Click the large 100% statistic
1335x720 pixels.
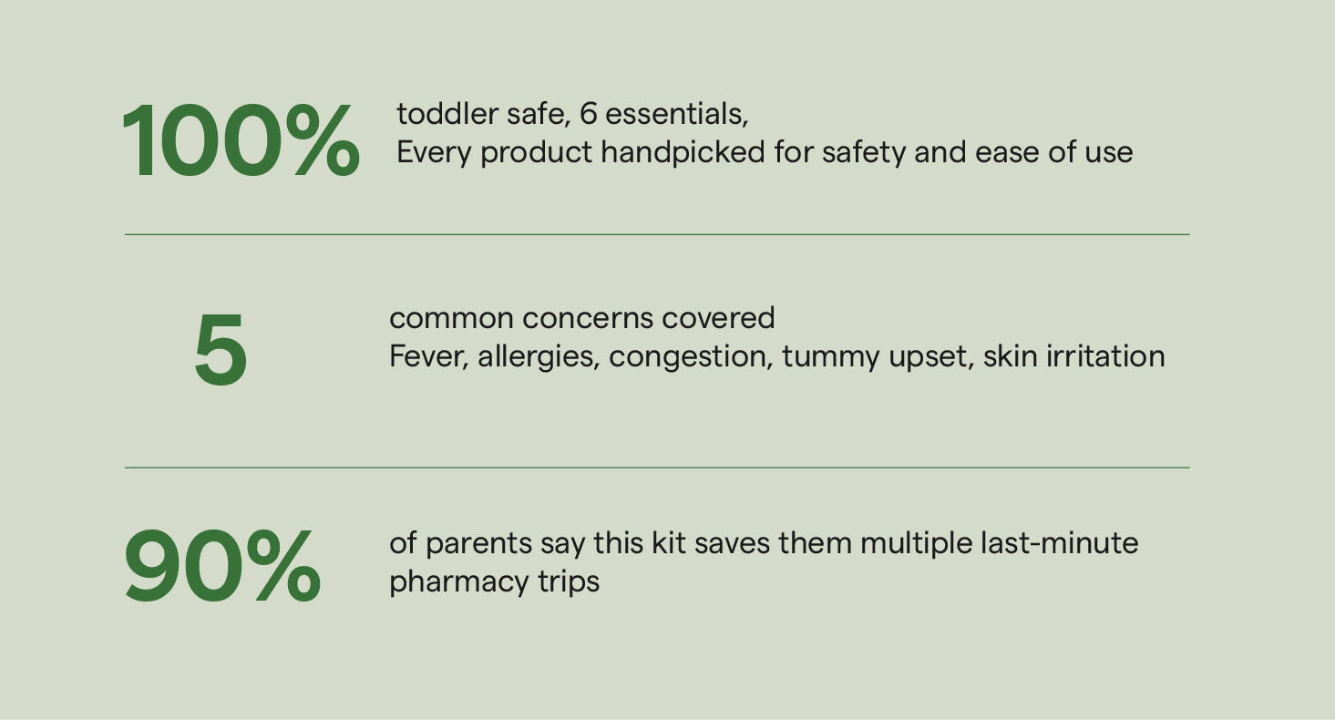[x=241, y=140]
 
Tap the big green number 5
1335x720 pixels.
[x=221, y=349]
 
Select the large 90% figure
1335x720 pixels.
[x=222, y=566]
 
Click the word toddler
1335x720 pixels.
[x=447, y=113]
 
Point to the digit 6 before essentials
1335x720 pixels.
[x=588, y=113]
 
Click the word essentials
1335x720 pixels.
[x=676, y=113]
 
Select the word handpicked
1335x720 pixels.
[x=683, y=152]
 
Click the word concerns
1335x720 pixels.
[x=587, y=318]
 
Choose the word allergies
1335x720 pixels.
[x=539, y=357]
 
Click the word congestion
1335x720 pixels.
[x=691, y=357]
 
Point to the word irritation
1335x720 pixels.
[x=1106, y=356]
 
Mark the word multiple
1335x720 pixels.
[x=917, y=544]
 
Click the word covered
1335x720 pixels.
[x=717, y=318]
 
